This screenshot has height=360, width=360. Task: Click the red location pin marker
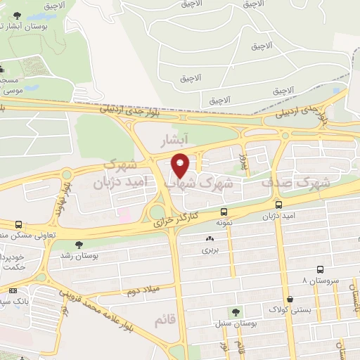pos(181,165)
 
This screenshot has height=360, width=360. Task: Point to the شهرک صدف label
pos(295,182)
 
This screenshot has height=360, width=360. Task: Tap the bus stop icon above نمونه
pos(224,211)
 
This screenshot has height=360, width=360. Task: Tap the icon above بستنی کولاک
pos(290,298)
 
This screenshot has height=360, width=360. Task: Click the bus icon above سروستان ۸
pos(320,269)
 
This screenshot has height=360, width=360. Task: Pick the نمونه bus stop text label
pos(224,221)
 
